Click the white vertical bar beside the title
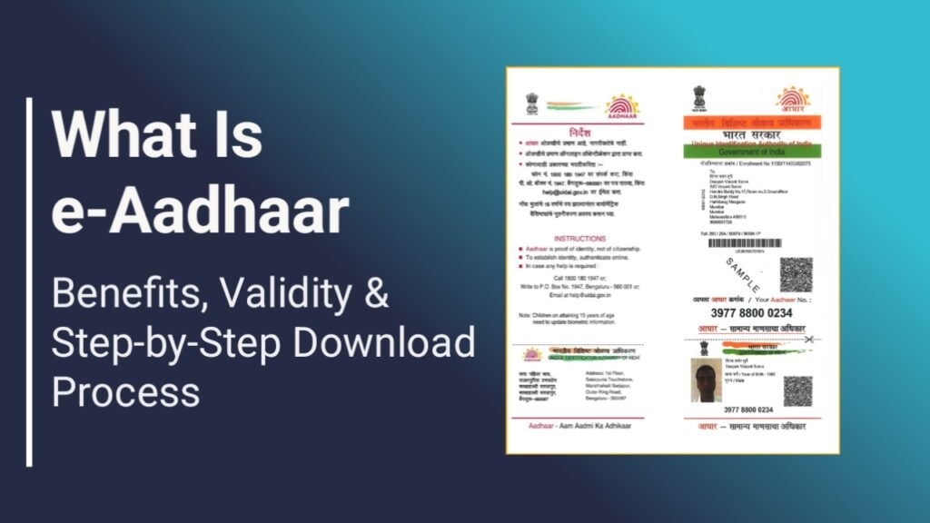click(29, 281)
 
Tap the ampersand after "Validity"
click(375, 295)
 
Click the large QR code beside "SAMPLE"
click(796, 274)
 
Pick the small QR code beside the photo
click(796, 390)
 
